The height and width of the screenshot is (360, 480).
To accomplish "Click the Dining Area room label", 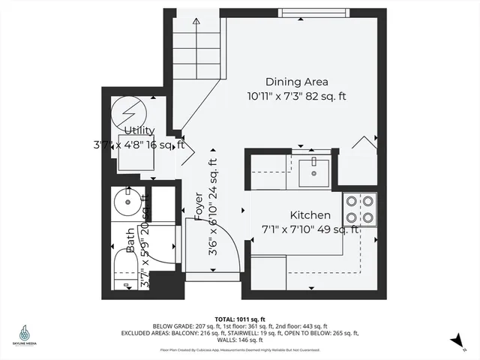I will click(297, 82).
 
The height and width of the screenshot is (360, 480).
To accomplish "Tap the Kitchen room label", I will click(310, 215).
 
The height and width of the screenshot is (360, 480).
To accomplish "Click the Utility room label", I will click(139, 130).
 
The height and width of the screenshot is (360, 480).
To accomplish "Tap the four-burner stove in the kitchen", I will click(359, 209).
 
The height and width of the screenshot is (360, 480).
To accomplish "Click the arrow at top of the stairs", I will click(196, 22).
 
